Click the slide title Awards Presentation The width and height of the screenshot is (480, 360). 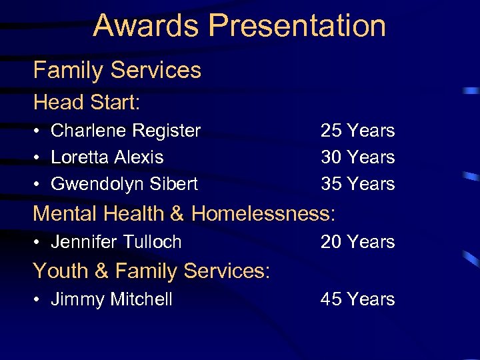point(239,25)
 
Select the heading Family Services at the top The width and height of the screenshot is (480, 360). point(117,70)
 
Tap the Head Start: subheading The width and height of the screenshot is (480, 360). point(87,103)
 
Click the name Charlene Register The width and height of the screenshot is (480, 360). point(125,131)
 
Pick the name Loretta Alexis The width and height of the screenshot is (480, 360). point(107,157)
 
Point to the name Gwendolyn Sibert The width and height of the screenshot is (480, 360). point(124,184)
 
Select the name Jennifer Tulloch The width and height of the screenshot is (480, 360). point(116,242)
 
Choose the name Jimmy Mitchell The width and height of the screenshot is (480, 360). point(111,300)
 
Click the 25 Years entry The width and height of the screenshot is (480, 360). point(357,131)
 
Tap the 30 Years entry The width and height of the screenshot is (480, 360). point(357,157)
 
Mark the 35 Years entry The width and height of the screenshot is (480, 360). point(357,184)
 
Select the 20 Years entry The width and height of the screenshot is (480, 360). point(357,242)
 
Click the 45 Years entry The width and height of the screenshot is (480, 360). point(357,300)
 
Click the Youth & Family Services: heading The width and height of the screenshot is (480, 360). point(151,271)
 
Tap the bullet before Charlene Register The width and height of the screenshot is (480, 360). point(38,131)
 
